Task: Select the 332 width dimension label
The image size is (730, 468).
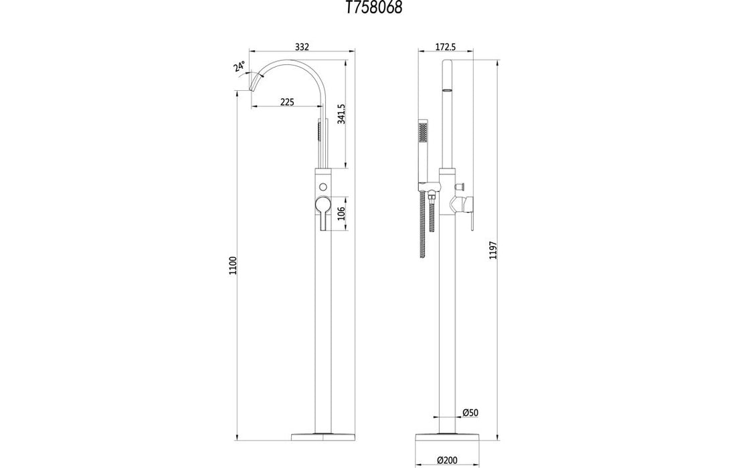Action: tap(302, 47)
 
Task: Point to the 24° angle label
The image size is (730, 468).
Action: tap(239, 67)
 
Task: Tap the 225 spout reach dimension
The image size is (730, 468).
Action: tap(286, 102)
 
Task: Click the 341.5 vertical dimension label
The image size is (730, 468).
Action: tap(341, 114)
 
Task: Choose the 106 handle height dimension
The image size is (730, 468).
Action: tap(341, 214)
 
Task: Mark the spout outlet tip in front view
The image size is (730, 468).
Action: tap(254, 88)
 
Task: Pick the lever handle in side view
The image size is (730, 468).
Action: tap(468, 211)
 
